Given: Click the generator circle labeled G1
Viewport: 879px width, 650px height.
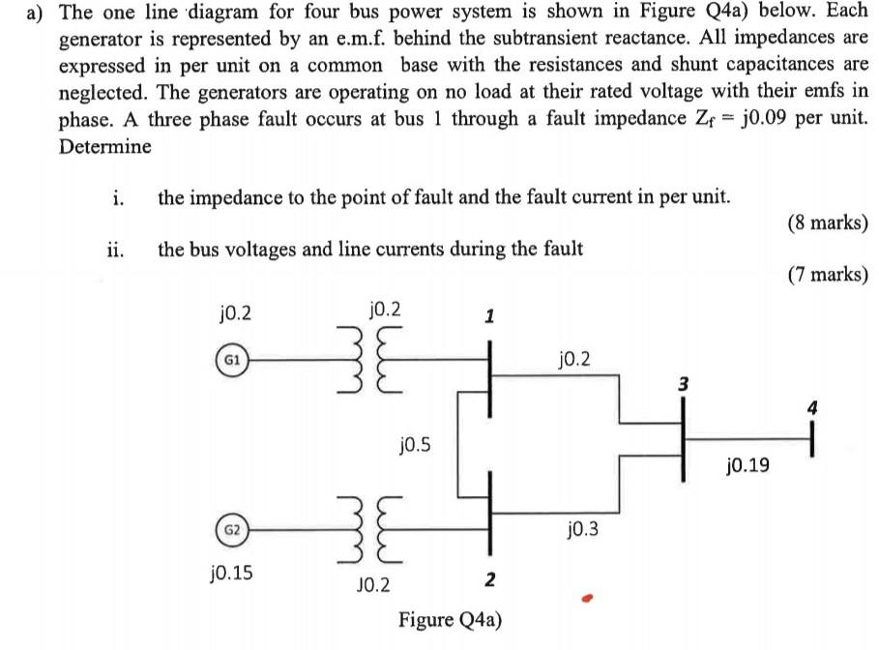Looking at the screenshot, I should (x=232, y=358).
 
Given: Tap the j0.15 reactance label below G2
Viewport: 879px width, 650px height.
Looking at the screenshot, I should (x=232, y=573).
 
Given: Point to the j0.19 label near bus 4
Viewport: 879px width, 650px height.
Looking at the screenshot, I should (x=747, y=466).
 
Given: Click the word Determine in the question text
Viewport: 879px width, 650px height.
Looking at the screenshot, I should (x=105, y=147).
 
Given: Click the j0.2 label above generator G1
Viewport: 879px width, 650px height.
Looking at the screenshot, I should (x=235, y=312).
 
